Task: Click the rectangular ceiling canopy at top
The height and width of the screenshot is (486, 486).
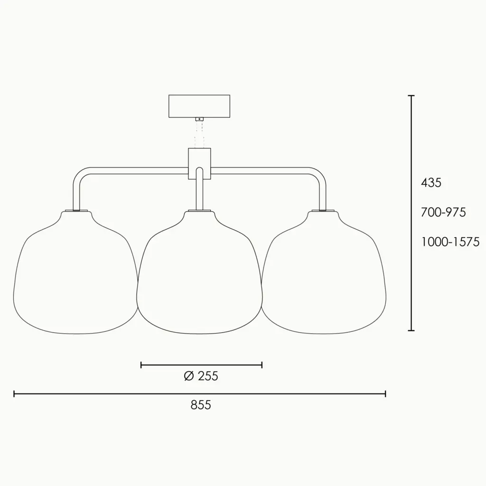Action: coord(199,106)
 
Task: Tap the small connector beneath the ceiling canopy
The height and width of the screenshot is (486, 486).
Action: coord(199,119)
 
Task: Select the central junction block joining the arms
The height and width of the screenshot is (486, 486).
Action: coord(199,163)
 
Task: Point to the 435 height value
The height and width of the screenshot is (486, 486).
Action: coord(431,183)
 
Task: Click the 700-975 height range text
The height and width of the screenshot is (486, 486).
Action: coord(443,212)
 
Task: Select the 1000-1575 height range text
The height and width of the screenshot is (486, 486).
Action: coord(450,242)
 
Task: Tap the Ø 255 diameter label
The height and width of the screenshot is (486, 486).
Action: coord(201,376)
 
